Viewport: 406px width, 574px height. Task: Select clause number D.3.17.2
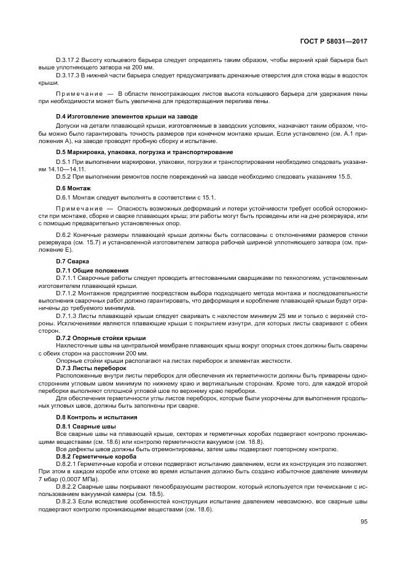point(69,61)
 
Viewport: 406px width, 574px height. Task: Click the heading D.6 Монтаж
point(73,187)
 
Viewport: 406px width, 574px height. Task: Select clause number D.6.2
point(66,235)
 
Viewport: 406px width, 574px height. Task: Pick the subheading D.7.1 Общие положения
point(92,270)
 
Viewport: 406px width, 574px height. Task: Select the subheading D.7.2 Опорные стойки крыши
point(101,338)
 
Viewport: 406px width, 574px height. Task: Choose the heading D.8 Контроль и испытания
point(97,417)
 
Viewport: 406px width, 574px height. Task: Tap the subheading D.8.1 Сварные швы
point(86,425)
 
